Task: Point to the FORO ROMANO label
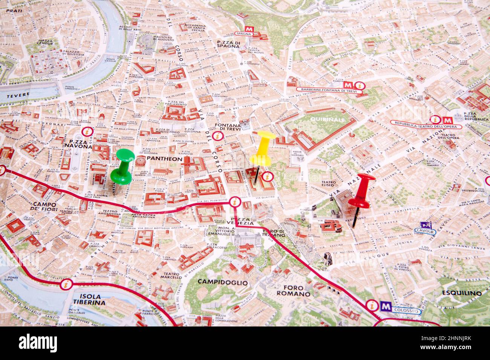pos(294,290)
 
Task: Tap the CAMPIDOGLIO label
pos(223,282)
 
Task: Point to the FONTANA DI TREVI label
pos(227,127)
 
